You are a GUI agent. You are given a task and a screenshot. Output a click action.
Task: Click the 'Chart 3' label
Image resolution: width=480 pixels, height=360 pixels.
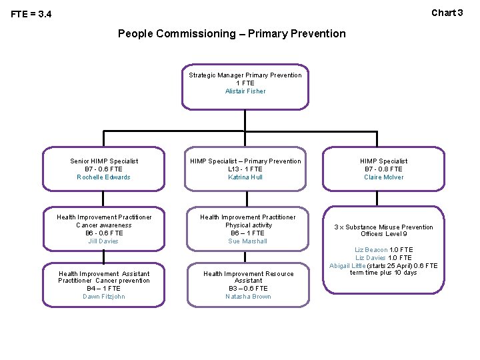pyautogui.click(x=447, y=13)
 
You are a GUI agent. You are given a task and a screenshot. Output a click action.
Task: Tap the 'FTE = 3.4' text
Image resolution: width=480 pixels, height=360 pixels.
pyautogui.click(x=31, y=15)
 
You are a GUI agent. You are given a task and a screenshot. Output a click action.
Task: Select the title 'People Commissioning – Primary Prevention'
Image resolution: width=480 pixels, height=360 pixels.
pyautogui.click(x=231, y=33)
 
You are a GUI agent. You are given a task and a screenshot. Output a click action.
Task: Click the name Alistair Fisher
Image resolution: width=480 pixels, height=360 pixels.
pyautogui.click(x=245, y=91)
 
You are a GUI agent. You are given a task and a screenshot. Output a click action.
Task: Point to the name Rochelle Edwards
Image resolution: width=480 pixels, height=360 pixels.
pyautogui.click(x=104, y=177)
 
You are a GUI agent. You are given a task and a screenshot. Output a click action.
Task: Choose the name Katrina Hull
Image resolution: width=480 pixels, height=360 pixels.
pyautogui.click(x=245, y=177)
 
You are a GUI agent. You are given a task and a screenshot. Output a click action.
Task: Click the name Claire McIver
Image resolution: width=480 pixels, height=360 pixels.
pyautogui.click(x=384, y=177)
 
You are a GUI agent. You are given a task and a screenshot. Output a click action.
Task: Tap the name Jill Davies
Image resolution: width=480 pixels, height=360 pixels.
pyautogui.click(x=104, y=241)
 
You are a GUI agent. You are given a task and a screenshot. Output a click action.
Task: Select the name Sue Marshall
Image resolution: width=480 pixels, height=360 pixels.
pyautogui.click(x=247, y=241)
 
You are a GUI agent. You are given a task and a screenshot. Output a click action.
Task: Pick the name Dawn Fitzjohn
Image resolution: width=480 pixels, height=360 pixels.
pyautogui.click(x=104, y=297)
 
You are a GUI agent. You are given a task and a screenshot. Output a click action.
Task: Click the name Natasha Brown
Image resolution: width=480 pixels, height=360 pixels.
pyautogui.click(x=248, y=297)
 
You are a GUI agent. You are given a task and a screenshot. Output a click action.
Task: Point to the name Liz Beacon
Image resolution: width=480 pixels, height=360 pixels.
pyautogui.click(x=371, y=250)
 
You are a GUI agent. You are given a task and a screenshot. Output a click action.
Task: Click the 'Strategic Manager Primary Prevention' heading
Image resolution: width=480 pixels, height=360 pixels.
pyautogui.click(x=245, y=75)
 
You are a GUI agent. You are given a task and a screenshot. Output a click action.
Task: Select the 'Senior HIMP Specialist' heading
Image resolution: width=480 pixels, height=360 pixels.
pyautogui.click(x=104, y=161)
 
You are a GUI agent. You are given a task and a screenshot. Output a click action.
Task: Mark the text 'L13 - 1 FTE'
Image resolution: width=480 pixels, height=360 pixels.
pyautogui.click(x=245, y=169)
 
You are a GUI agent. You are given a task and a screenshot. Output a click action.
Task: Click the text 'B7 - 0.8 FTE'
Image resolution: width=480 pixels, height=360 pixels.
pyautogui.click(x=384, y=169)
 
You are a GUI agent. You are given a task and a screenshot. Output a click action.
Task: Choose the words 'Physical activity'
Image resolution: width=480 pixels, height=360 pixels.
pyautogui.click(x=248, y=225)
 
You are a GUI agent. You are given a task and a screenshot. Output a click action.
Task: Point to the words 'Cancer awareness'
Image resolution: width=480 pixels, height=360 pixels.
pyautogui.click(x=104, y=225)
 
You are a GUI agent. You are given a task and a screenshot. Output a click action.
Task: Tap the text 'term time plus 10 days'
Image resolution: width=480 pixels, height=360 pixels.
pyautogui.click(x=383, y=273)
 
